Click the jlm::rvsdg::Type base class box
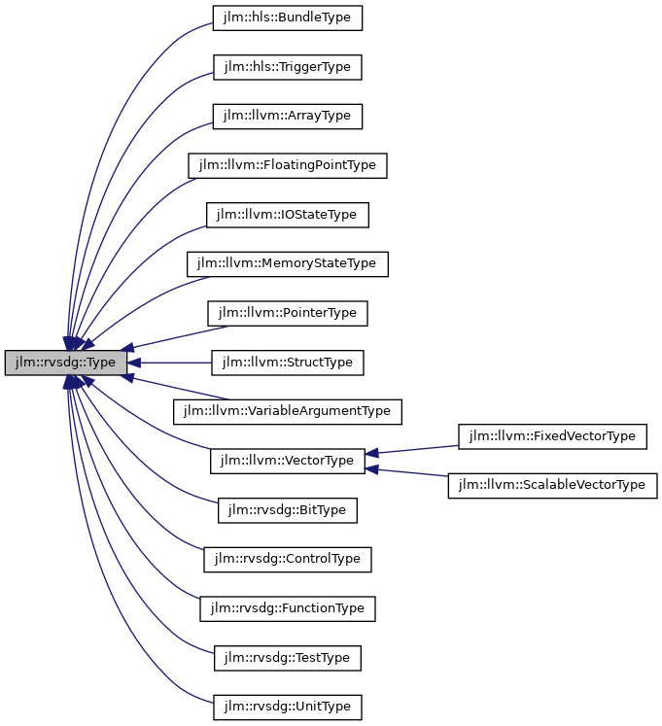65,363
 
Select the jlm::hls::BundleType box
288,17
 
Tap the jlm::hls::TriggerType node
288,67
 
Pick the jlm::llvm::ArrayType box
288,117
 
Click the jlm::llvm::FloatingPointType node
288,165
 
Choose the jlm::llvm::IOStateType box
288,215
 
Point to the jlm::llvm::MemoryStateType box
288,263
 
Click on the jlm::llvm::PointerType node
288,313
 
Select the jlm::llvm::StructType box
288,363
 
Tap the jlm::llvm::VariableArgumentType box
288,411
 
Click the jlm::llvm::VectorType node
288,461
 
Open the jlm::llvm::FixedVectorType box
552,436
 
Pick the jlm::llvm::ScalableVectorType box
552,485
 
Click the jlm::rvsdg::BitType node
288,510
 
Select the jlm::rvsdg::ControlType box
288,559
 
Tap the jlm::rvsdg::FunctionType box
288,608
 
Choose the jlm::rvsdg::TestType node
288,658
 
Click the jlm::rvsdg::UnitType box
288,707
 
